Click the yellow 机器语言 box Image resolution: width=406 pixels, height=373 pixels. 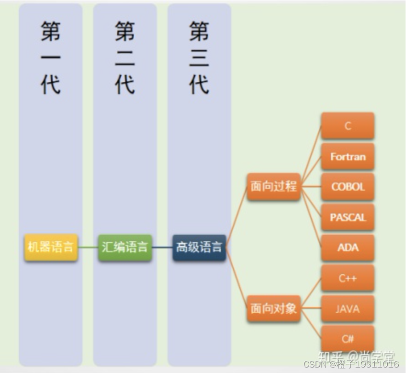51,248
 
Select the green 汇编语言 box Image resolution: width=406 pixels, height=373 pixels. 125,248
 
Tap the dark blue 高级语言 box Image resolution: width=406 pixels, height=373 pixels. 199,248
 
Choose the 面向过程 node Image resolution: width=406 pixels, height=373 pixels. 274,186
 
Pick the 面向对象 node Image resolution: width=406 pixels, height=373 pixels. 274,308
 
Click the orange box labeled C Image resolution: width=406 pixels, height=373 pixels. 348,126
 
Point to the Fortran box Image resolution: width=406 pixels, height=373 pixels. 348,157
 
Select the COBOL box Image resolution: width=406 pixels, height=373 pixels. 348,187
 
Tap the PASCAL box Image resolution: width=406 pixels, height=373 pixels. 348,217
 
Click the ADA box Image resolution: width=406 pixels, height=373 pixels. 348,248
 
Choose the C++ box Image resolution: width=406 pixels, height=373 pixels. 348,278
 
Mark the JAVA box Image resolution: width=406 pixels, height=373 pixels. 348,309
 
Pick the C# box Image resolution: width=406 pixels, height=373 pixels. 348,339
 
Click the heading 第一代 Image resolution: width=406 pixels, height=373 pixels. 51,57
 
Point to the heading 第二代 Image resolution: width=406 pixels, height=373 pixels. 125,57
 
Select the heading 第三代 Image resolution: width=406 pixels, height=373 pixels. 199,57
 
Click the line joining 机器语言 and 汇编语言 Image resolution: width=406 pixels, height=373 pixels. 88,248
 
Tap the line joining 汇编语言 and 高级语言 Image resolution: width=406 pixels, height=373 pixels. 162,248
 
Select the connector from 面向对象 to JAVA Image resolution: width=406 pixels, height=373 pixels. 311,308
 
